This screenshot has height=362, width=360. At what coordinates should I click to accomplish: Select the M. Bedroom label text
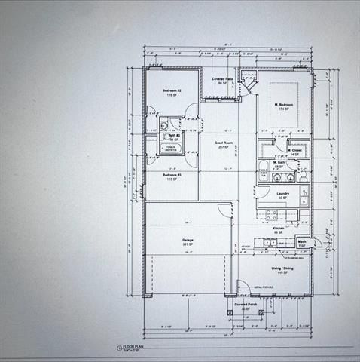[x=283, y=104]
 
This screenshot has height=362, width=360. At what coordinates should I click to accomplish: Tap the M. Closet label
[x=294, y=150]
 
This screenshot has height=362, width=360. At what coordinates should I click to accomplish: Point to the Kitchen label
[x=278, y=228]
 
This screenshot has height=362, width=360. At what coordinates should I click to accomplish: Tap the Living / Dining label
[x=282, y=268]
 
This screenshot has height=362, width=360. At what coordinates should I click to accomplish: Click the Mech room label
[x=301, y=242]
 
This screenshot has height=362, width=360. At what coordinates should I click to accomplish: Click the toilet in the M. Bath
[x=301, y=176]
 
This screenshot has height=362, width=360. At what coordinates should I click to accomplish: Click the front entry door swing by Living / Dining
[x=242, y=287]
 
